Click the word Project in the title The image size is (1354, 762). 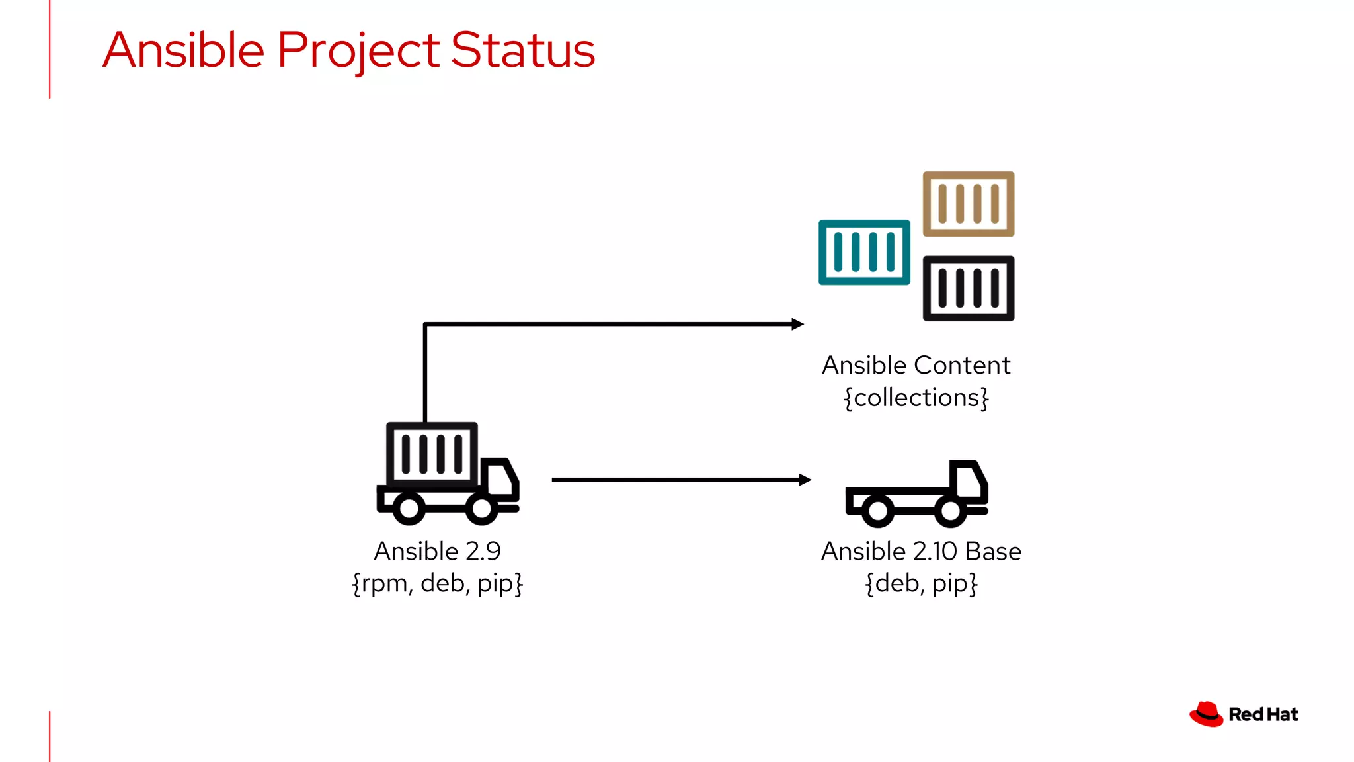click(358, 52)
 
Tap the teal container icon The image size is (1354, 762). click(864, 252)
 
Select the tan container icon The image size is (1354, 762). click(969, 204)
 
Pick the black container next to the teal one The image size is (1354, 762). click(969, 288)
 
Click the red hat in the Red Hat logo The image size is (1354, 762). click(1207, 714)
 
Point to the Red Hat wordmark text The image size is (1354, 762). click(1263, 714)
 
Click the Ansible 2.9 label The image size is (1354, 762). click(437, 551)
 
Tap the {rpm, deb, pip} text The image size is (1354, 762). click(437, 583)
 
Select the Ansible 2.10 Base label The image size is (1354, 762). click(921, 551)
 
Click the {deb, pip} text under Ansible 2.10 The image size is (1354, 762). click(921, 583)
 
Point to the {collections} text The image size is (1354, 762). click(916, 398)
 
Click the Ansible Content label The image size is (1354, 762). click(916, 365)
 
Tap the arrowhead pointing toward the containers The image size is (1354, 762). click(797, 324)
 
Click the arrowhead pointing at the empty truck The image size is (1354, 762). click(805, 480)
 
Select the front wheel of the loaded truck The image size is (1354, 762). click(481, 509)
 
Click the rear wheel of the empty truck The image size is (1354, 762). click(878, 511)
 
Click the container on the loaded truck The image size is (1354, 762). click(432, 454)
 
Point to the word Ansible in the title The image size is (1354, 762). click(184, 50)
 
